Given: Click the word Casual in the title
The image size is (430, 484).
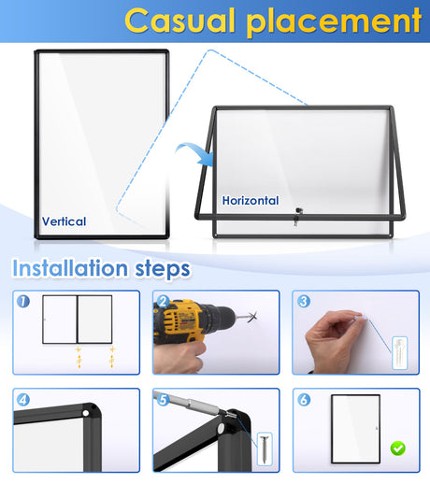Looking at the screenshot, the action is coord(179,21).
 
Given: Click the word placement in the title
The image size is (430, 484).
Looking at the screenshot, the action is coord(334,22).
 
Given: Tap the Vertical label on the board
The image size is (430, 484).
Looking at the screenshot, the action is coord(64,221).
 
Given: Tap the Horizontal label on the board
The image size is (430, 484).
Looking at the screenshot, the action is coord(251,201).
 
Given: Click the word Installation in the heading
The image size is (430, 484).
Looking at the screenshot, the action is coord(70,268).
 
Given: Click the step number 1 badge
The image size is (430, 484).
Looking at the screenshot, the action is coord(23,301).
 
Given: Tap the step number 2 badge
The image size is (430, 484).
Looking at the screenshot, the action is coord(163,301).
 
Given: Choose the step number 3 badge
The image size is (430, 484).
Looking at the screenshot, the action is coord(304,301).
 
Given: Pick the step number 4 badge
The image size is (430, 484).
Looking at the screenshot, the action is coord(23,400).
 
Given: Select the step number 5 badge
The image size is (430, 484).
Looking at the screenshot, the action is coord(163,400).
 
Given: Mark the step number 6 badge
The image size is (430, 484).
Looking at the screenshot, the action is coord(304,400).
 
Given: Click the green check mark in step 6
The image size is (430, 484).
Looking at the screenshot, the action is coord(397,448).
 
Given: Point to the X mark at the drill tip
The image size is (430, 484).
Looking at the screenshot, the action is coord(253,317).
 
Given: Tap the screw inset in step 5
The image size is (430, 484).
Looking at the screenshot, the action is coord(265,449).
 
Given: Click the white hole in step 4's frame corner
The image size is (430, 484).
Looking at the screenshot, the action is coord(85,413).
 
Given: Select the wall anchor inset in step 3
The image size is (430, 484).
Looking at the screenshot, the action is coord(400,353).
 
